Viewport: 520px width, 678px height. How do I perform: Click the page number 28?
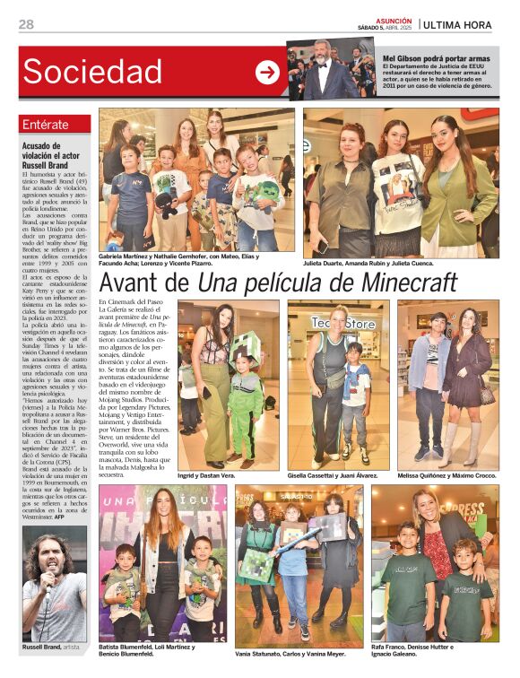(x=26, y=24)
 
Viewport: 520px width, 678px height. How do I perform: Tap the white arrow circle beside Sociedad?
(x=267, y=73)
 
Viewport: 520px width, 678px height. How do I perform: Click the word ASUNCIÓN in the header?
(x=394, y=20)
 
